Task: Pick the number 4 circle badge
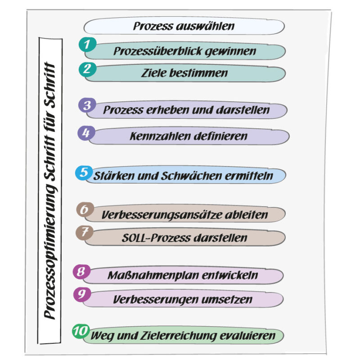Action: point(86,132)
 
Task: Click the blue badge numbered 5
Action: point(84,172)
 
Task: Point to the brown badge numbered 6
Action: point(85,210)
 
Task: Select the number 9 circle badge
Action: point(82,294)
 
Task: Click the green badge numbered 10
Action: point(81,331)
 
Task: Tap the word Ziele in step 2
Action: point(155,72)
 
